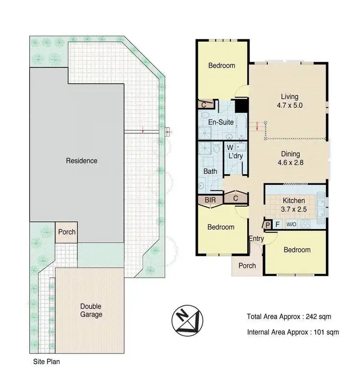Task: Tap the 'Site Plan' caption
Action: click(x=46, y=362)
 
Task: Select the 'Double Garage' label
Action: click(x=91, y=310)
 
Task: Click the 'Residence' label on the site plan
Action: click(x=81, y=161)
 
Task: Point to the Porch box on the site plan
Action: click(x=67, y=232)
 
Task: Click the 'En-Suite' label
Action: click(x=221, y=122)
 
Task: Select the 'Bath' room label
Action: click(x=210, y=171)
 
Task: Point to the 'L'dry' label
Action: click(x=236, y=156)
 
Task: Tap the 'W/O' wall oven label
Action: click(x=291, y=224)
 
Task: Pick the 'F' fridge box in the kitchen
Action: click(x=277, y=224)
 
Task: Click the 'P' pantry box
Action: click(x=267, y=224)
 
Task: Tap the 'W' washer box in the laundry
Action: click(x=230, y=147)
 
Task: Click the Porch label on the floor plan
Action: click(x=247, y=266)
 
